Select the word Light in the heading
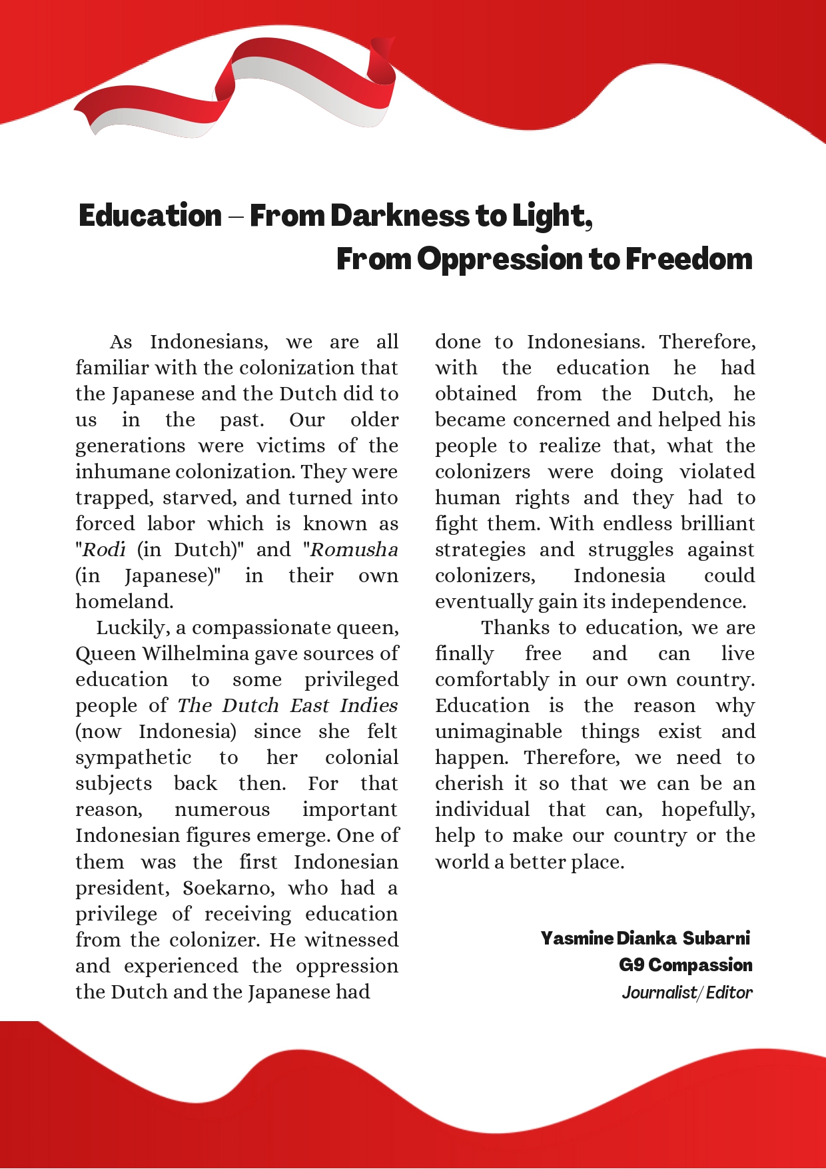coord(550,216)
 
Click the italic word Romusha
coord(354,550)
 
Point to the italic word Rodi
coord(104,550)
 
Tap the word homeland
coord(124,601)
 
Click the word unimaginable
coord(498,731)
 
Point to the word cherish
coord(469,783)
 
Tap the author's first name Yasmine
coord(577,938)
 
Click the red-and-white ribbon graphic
coord(233,90)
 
